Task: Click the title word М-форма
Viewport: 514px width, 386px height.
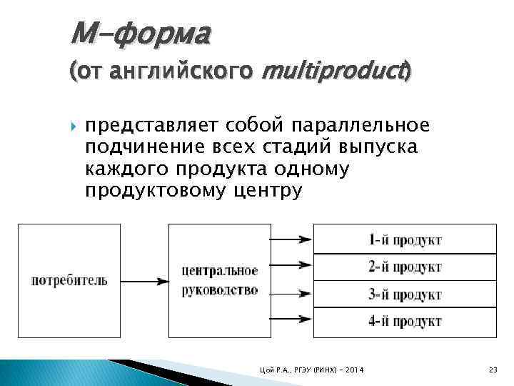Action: point(140,34)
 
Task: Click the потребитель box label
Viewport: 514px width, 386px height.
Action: point(69,280)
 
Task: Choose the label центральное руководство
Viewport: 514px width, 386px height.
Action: point(219,280)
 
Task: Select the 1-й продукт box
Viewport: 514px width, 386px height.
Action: point(405,239)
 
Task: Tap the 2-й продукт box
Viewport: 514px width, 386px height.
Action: point(405,267)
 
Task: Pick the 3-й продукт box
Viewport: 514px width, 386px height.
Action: point(405,294)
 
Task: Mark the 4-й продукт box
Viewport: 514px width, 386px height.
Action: point(405,321)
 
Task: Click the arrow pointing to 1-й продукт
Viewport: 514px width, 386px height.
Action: point(291,239)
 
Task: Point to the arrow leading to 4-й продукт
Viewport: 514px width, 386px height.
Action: point(291,320)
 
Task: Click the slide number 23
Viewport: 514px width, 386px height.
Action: point(493,369)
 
